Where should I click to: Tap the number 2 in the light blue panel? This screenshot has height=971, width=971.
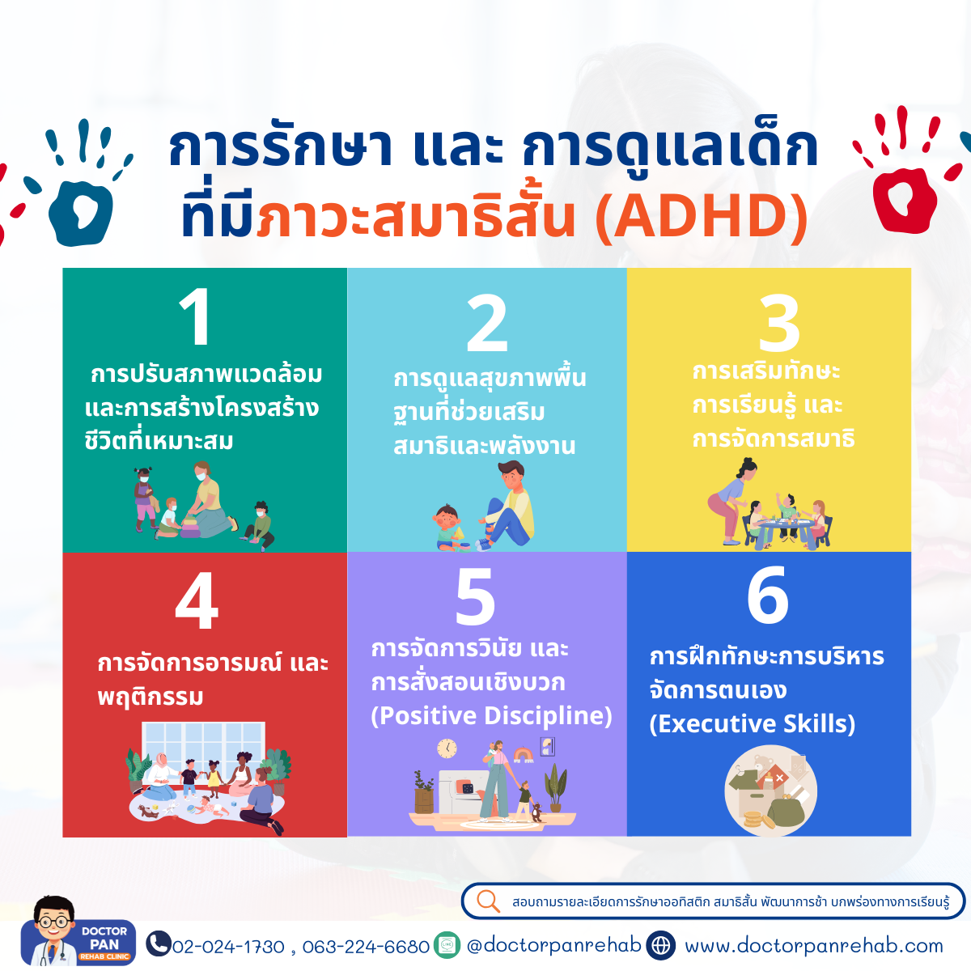[487, 323]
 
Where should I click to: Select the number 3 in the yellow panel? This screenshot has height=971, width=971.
[779, 323]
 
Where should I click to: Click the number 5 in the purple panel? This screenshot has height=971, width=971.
[476, 596]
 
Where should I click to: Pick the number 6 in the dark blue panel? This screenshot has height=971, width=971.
[767, 595]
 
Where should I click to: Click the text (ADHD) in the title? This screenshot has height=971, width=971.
[702, 217]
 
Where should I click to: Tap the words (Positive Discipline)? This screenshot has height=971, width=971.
[492, 716]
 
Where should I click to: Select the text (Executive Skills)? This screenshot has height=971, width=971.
[753, 724]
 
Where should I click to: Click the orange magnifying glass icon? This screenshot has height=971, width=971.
[488, 901]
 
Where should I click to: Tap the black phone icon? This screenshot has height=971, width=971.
[159, 943]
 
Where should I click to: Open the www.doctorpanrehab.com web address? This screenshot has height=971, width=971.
[813, 946]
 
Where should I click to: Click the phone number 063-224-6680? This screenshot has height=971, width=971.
[366, 947]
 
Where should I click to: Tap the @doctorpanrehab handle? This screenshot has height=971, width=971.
[553, 945]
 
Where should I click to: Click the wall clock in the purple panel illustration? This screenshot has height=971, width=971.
[447, 748]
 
